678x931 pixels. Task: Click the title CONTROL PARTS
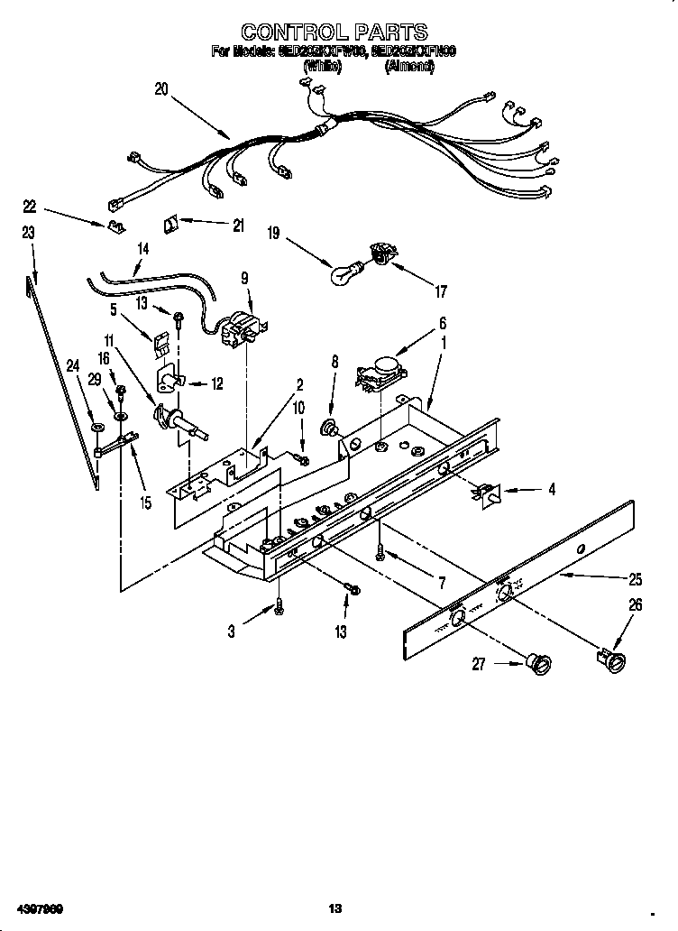pyautogui.click(x=334, y=33)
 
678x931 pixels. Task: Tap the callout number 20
pyautogui.click(x=161, y=88)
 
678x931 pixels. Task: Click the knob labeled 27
pyautogui.click(x=540, y=667)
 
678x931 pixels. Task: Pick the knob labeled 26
pyautogui.click(x=614, y=664)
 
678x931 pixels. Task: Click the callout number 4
pyautogui.click(x=550, y=490)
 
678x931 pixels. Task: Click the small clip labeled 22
pyautogui.click(x=115, y=226)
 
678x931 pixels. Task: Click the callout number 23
pyautogui.click(x=28, y=233)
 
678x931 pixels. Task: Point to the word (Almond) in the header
pyautogui.click(x=408, y=67)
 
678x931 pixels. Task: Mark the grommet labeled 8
pyautogui.click(x=331, y=426)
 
